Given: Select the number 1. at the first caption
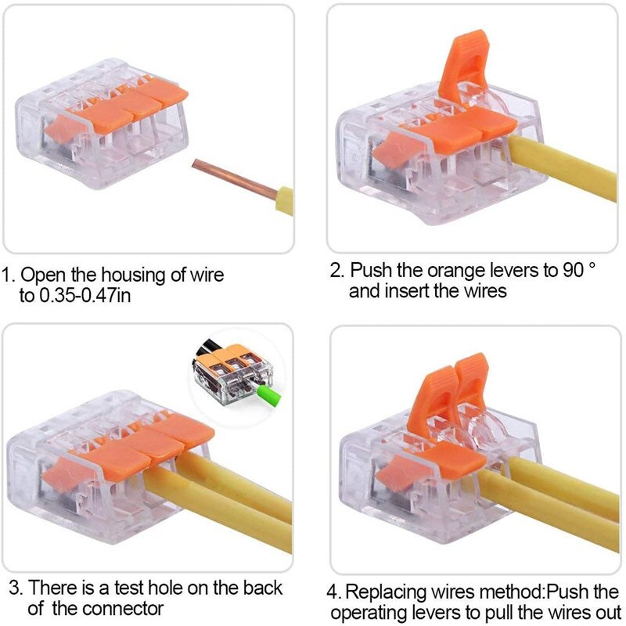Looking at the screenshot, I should [x=9, y=275].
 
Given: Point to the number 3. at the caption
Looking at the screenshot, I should [x=14, y=588].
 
